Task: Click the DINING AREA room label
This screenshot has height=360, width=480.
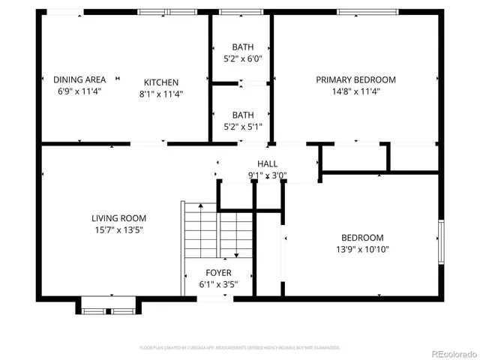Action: pyautogui.click(x=79, y=79)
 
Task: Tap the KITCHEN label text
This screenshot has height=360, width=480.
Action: pyautogui.click(x=161, y=82)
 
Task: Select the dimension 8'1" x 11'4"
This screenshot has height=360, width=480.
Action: pyautogui.click(x=161, y=94)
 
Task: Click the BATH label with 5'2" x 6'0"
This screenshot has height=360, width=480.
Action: pyautogui.click(x=242, y=47)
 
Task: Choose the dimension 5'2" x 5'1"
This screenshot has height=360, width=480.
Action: pyautogui.click(x=242, y=127)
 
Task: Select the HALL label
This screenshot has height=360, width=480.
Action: pyautogui.click(x=267, y=164)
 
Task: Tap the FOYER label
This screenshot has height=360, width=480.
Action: pyautogui.click(x=218, y=273)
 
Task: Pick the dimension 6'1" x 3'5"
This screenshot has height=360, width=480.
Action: pyautogui.click(x=218, y=285)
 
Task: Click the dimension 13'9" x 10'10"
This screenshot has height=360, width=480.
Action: pyautogui.click(x=362, y=249)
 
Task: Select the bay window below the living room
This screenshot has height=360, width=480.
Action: pyautogui.click(x=109, y=306)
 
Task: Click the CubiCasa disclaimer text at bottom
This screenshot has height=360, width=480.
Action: pyautogui.click(x=240, y=348)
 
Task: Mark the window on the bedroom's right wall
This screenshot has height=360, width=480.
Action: pyautogui.click(x=442, y=241)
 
